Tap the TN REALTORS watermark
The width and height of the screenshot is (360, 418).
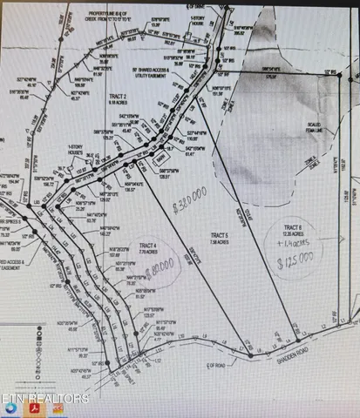(48, 399)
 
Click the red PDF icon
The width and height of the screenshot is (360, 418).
(34, 408)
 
